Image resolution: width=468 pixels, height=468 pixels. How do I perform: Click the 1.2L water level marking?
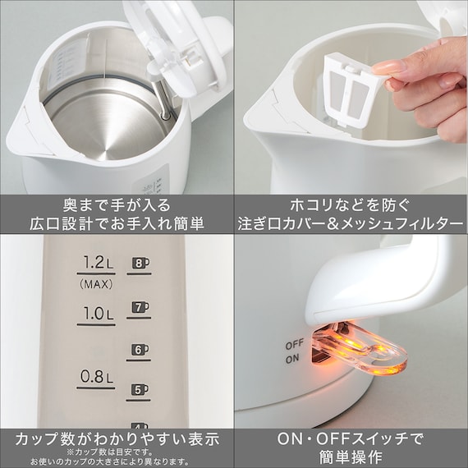(x=96, y=264)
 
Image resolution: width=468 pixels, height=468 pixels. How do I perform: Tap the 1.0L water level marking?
(x=96, y=313)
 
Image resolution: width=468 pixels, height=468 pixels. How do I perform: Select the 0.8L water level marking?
(x=96, y=378)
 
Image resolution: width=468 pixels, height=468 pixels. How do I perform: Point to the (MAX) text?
(x=96, y=284)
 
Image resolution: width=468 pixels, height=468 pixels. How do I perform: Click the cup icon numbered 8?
(x=140, y=264)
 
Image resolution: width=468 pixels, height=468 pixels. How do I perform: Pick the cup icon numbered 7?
(x=140, y=308)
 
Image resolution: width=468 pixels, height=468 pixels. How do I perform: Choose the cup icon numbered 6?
(x=140, y=351)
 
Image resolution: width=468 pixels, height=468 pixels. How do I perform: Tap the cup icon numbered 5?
(x=140, y=390)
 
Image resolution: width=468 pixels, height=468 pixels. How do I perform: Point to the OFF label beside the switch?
(x=295, y=346)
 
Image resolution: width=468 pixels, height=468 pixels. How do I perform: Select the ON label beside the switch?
(x=293, y=359)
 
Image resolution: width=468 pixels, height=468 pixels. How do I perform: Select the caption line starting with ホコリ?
(x=351, y=203)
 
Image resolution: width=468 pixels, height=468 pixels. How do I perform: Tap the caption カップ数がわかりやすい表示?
(x=117, y=438)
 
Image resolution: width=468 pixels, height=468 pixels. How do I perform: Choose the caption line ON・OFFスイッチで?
(x=351, y=438)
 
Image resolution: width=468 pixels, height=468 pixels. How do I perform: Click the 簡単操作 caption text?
(x=351, y=457)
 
